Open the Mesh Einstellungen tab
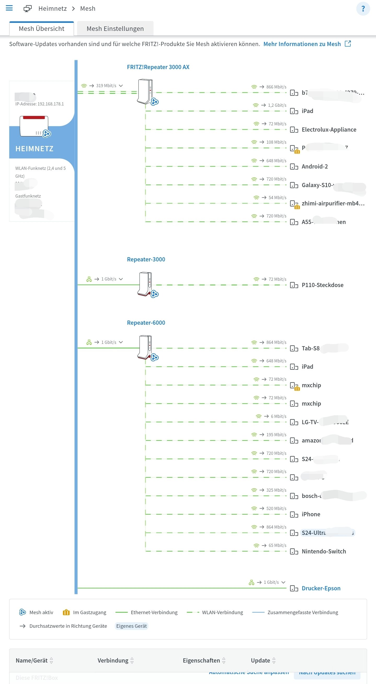click(115, 29)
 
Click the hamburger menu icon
click(9, 8)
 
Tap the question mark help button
click(363, 9)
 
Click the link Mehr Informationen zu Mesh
click(302, 44)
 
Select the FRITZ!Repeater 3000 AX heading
click(158, 67)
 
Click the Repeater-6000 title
click(146, 323)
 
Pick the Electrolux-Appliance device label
click(329, 130)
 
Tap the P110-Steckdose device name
click(322, 285)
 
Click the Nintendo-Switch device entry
click(324, 551)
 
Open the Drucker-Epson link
click(321, 588)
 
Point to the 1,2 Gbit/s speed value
click(277, 105)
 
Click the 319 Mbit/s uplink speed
click(106, 86)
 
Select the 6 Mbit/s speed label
click(279, 416)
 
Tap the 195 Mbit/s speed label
click(276, 435)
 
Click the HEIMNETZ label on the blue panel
click(34, 149)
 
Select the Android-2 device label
click(315, 166)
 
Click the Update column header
click(261, 660)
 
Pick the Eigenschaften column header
click(201, 660)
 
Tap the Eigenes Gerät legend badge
click(131, 626)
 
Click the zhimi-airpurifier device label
click(333, 203)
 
